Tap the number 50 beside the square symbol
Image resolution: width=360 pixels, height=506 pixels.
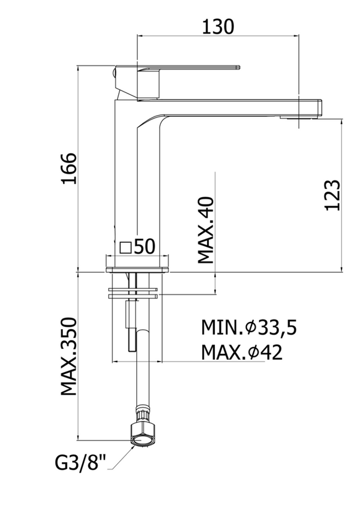(x=145, y=246)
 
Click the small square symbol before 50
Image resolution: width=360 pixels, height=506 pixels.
(x=125, y=246)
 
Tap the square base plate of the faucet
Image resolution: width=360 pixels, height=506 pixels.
(x=137, y=264)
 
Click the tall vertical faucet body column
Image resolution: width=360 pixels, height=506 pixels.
(x=126, y=180)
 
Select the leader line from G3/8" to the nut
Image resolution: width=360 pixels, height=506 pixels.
(x=119, y=453)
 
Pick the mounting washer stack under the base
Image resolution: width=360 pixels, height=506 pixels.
(x=133, y=294)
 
